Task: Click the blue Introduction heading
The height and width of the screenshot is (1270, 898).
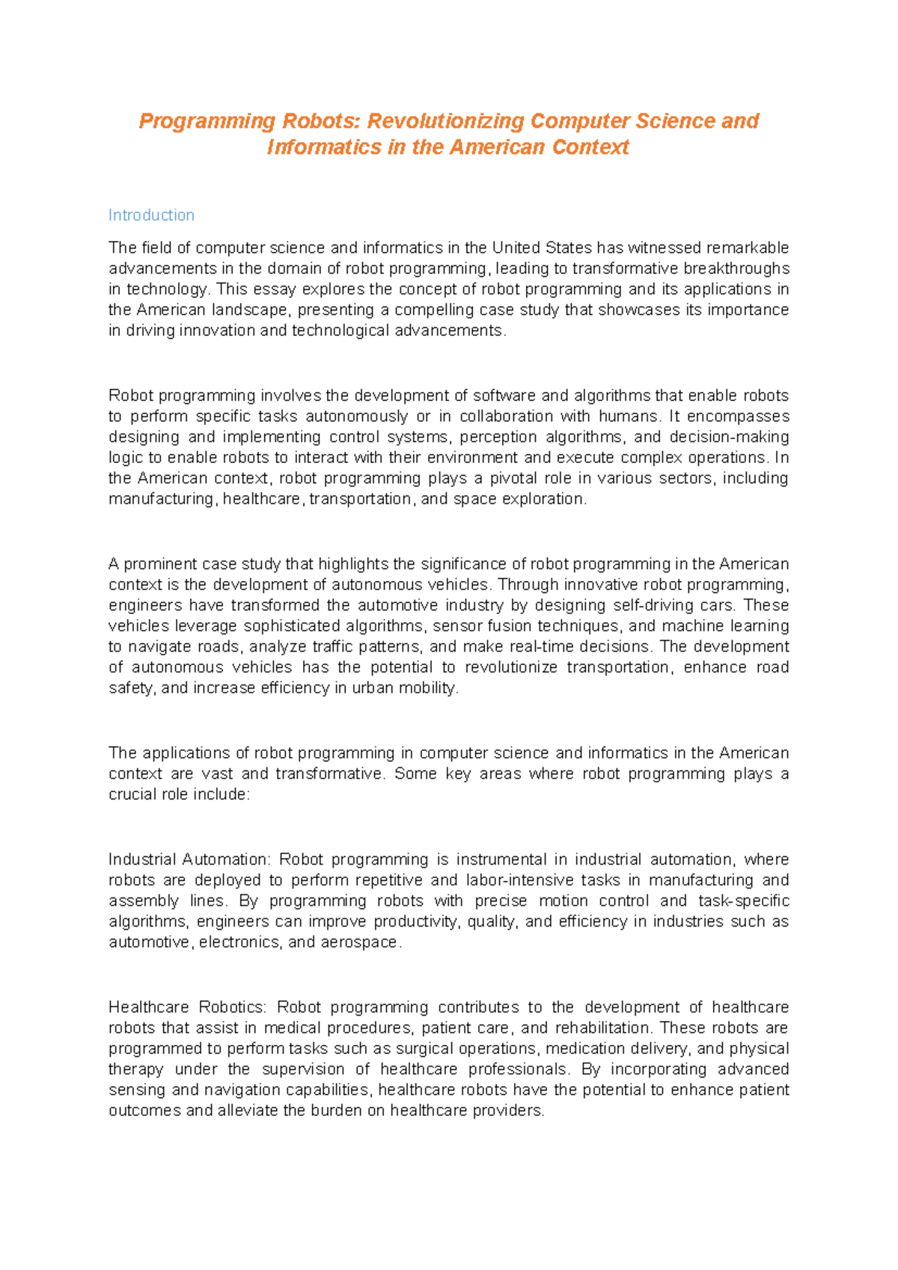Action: click(151, 215)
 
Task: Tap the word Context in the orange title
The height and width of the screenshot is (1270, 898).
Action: click(590, 147)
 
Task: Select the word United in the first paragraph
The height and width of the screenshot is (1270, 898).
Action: click(516, 248)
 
